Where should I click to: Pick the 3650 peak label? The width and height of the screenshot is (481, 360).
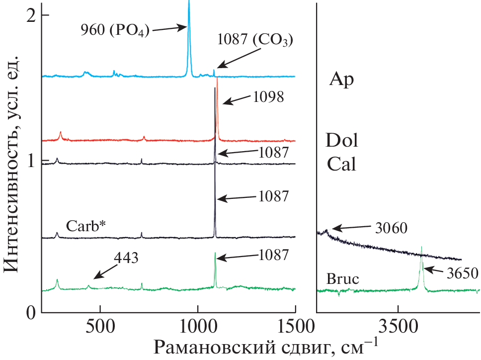click(459, 273)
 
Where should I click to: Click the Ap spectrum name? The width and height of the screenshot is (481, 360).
click(341, 80)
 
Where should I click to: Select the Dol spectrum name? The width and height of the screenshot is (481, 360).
click(341, 141)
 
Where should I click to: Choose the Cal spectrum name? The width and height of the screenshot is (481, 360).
click(341, 164)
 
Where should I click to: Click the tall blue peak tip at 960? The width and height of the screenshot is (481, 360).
click(189, 3)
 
